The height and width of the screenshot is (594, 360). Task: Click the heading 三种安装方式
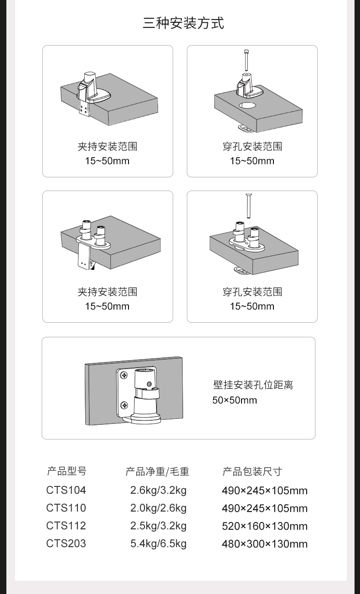point(183,23)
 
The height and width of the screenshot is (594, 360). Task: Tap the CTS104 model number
point(66,491)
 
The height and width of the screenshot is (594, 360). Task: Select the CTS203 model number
point(66,543)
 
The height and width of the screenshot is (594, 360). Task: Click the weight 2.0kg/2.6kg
point(158,508)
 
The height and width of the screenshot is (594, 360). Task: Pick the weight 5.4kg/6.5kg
point(158,544)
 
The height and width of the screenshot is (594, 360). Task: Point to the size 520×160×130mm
point(265,526)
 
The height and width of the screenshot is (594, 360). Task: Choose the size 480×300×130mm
point(265,544)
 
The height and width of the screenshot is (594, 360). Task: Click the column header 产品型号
point(67,471)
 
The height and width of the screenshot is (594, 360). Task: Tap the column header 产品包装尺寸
point(252,471)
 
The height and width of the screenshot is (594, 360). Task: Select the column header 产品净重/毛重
point(157,471)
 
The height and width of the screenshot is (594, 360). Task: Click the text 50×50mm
point(235,400)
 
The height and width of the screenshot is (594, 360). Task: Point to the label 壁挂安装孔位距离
point(253,385)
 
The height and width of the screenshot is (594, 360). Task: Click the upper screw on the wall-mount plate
point(124,375)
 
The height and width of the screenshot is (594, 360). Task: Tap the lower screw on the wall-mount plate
point(124,405)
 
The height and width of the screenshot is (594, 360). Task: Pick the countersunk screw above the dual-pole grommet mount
point(249,206)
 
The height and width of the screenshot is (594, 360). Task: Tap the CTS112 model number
point(66,526)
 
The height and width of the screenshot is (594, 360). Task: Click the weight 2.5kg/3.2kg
point(158,526)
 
